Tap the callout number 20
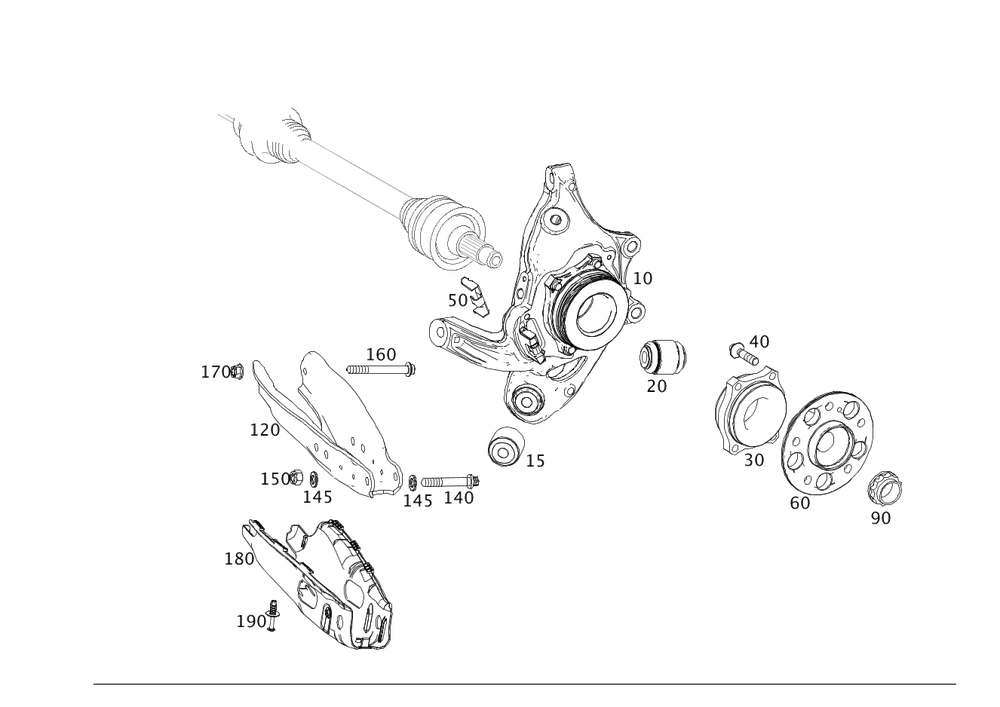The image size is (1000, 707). pyautogui.click(x=656, y=386)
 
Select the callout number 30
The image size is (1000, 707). pyautogui.click(x=754, y=460)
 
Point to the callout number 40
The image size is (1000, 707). pyautogui.click(x=760, y=343)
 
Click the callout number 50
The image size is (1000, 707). pyautogui.click(x=458, y=300)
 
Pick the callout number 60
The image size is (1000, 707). pyautogui.click(x=800, y=504)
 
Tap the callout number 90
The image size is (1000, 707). pyautogui.click(x=881, y=517)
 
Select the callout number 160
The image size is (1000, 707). pyautogui.click(x=381, y=353)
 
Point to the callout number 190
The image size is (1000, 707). pyautogui.click(x=252, y=621)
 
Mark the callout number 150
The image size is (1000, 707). pyautogui.click(x=275, y=479)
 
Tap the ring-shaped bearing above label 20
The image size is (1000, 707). pyautogui.click(x=664, y=357)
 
